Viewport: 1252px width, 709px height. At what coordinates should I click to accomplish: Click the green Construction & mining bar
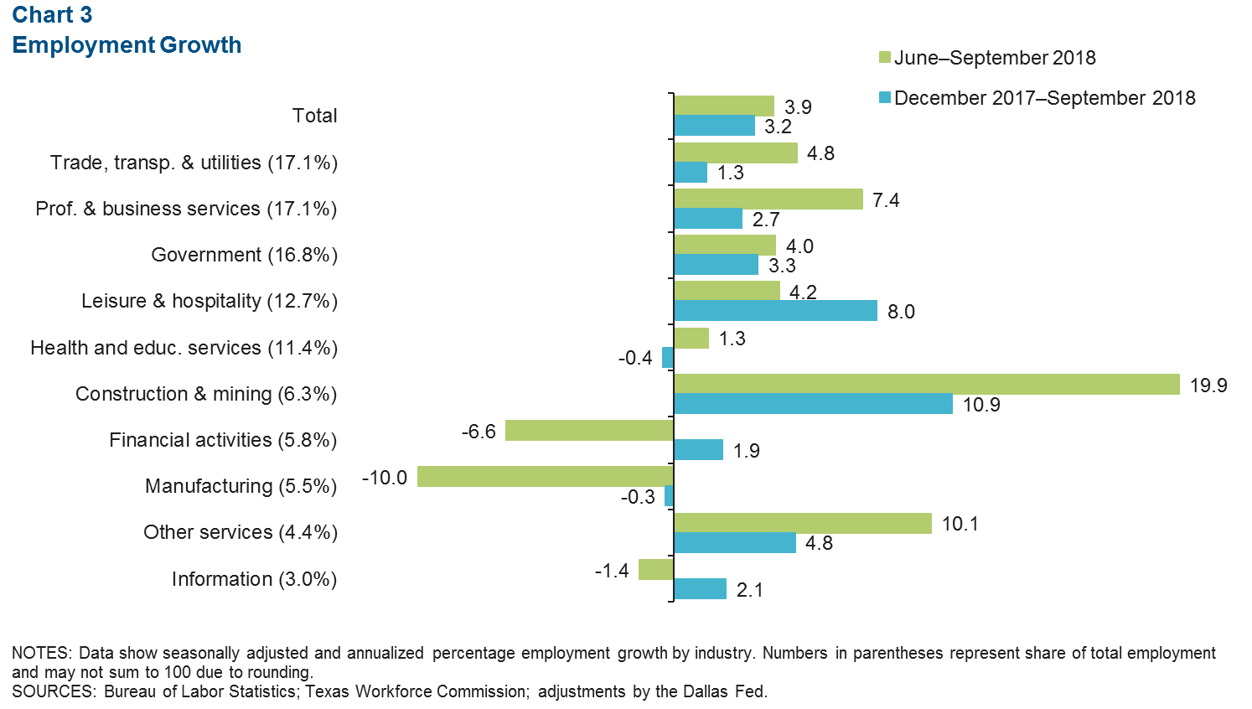(x=926, y=384)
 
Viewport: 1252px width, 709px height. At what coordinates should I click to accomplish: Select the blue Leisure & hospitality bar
(x=775, y=311)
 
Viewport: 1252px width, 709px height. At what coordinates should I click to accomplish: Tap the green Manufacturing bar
(x=546, y=477)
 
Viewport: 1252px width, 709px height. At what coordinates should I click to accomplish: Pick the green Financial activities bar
(x=590, y=431)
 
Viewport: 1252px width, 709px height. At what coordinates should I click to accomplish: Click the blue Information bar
(x=700, y=589)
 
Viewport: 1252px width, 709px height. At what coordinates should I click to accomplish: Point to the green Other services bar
(x=803, y=523)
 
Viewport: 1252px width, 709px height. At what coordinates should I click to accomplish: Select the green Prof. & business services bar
(x=768, y=199)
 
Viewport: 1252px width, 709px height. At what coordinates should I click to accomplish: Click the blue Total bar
(x=715, y=126)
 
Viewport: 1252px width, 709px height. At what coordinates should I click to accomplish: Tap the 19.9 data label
(x=1208, y=385)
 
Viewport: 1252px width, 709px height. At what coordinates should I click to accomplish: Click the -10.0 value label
(x=385, y=478)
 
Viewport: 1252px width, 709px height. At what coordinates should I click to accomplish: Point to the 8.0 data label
(x=901, y=312)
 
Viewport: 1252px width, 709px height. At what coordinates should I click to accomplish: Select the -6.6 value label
(x=479, y=432)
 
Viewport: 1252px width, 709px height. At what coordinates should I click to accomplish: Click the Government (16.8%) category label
(x=244, y=255)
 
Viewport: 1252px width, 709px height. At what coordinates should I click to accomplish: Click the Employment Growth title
(x=127, y=45)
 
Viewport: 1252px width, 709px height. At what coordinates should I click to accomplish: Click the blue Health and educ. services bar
(x=668, y=358)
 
